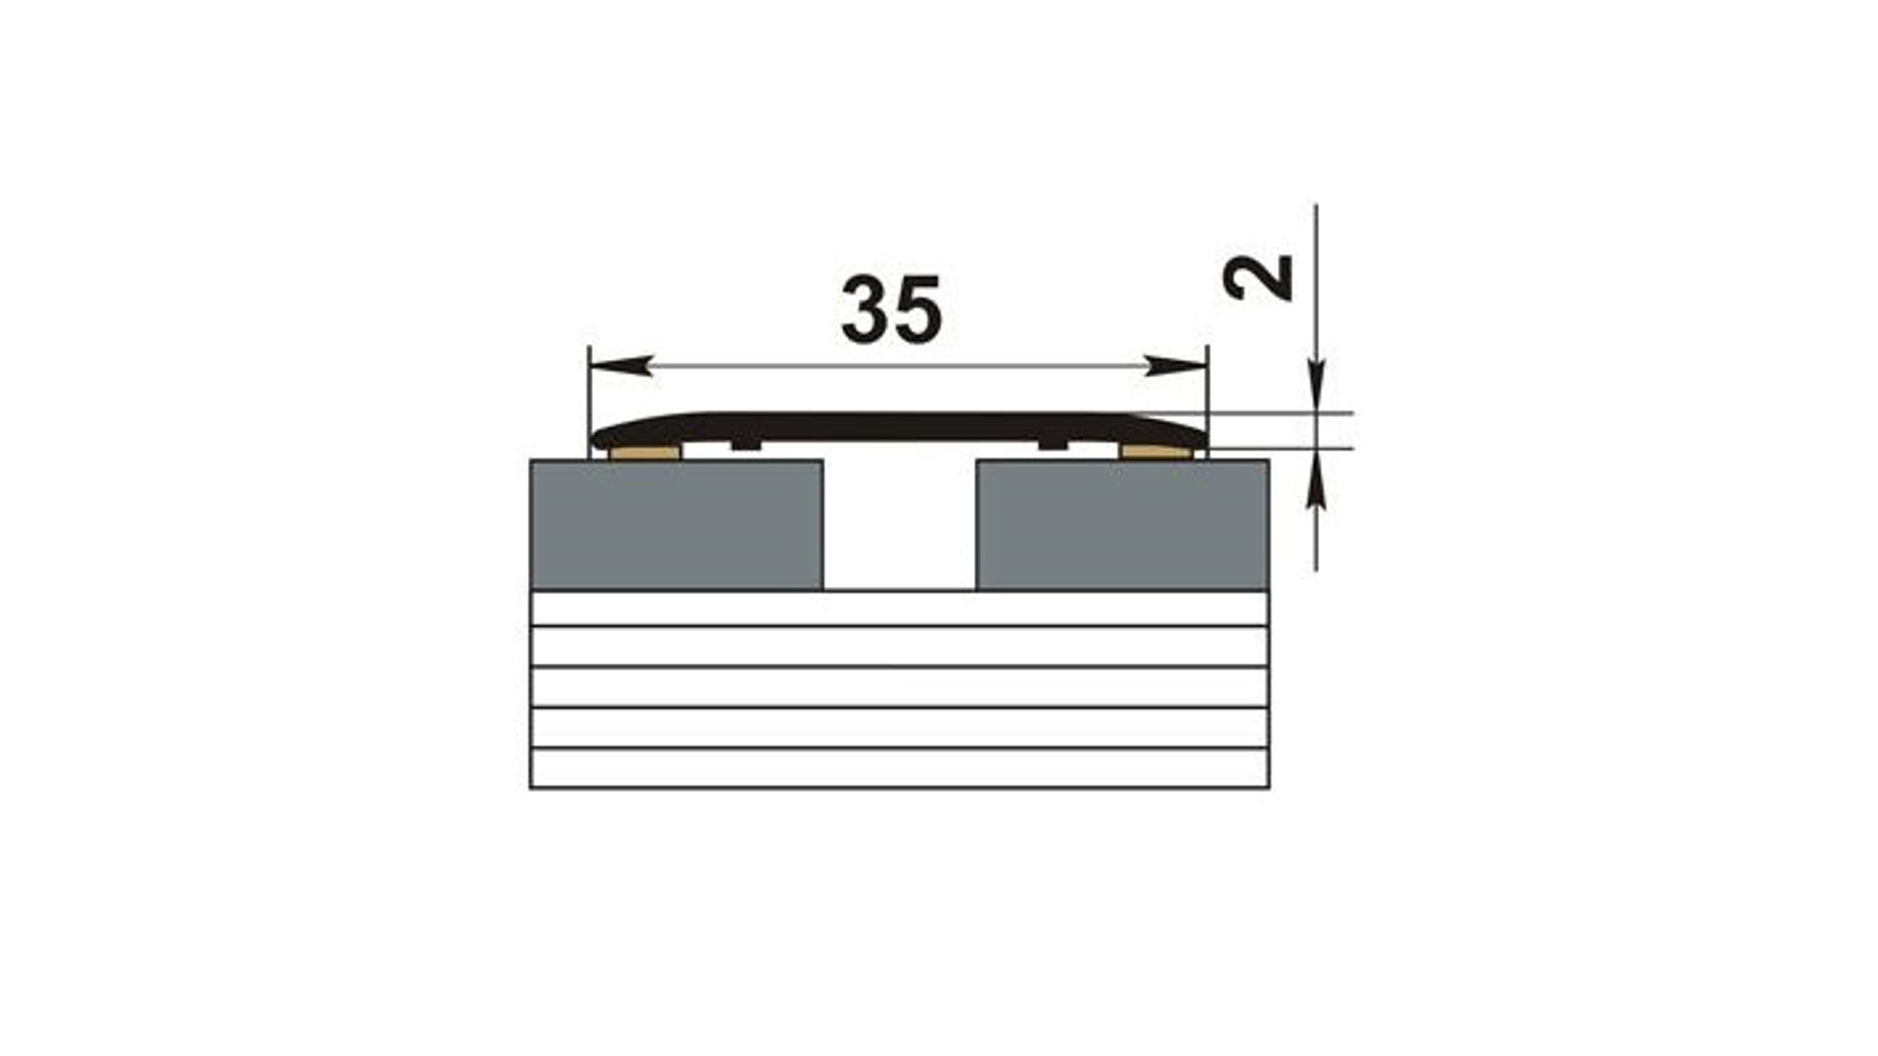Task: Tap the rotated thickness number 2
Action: pos(1259,277)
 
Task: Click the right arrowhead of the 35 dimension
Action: pos(1177,366)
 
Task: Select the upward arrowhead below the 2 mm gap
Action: pos(1317,478)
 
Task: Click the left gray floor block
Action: pos(676,525)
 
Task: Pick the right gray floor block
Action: pos(1123,525)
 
